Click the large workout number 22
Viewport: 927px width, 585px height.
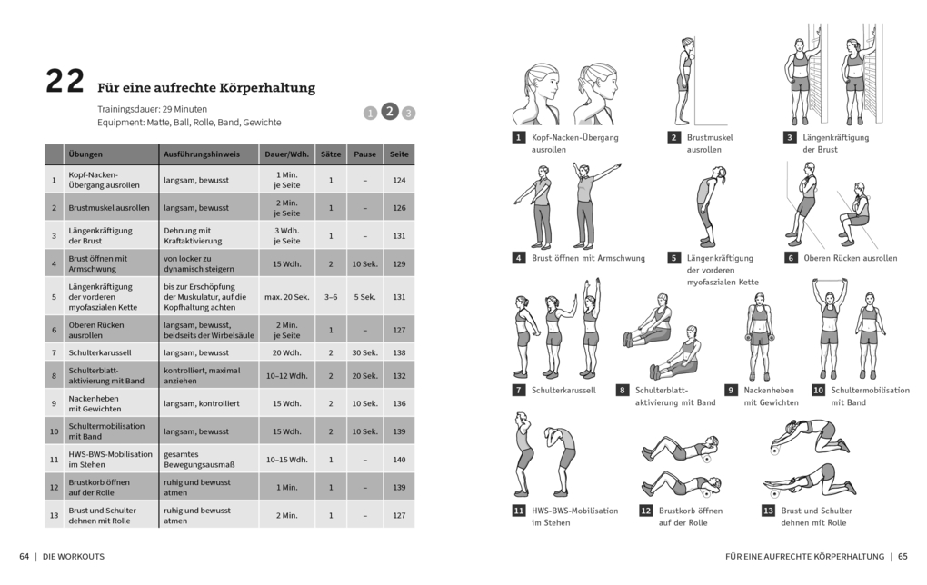65,83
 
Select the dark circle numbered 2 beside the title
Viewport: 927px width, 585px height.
389,111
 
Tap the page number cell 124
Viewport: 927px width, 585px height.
398,180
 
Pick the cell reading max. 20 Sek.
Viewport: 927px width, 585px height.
286,296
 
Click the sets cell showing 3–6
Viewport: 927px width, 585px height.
331,296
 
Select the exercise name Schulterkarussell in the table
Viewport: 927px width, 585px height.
97,352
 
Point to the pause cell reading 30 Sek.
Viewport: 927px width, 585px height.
364,352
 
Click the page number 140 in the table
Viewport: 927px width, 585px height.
398,460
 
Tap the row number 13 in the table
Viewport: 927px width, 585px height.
54,515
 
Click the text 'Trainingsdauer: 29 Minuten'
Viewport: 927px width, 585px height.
152,109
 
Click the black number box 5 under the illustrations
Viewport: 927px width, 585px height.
673,258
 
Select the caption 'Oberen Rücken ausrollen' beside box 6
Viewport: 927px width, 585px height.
850,258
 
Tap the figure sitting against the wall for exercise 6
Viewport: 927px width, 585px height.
855,218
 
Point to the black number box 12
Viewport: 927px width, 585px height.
646,511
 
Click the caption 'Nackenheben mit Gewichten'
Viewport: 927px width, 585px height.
771,396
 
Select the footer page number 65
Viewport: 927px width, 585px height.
902,556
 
